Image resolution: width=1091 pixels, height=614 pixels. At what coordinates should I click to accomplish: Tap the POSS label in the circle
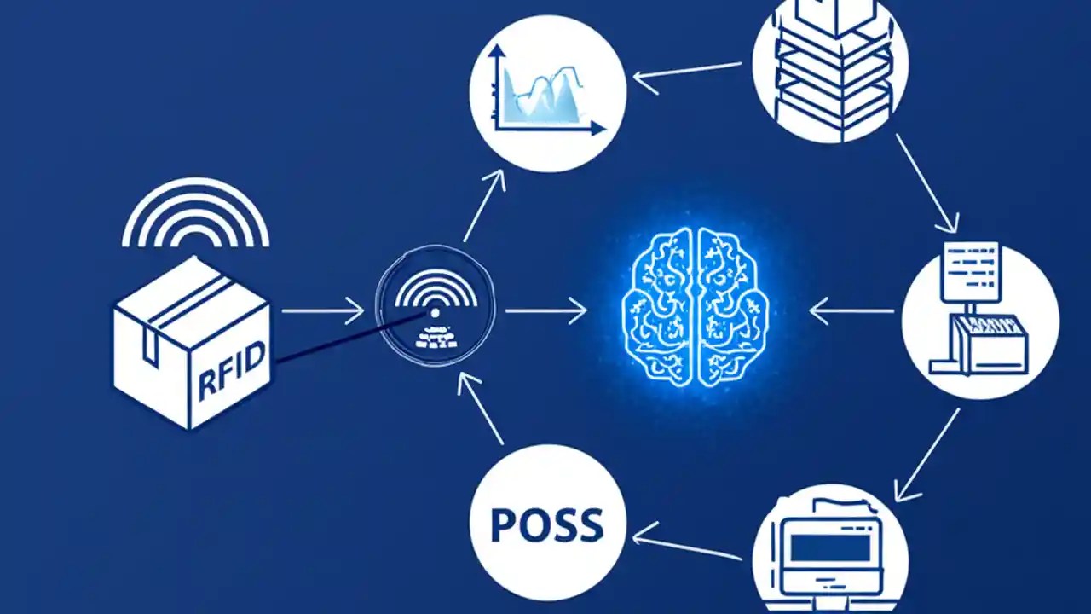[547, 524]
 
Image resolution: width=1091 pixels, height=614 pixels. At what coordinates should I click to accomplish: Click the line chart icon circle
[547, 94]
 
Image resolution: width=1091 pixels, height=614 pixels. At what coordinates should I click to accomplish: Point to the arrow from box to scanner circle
[323, 310]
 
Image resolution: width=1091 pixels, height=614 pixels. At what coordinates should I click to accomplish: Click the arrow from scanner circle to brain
[546, 310]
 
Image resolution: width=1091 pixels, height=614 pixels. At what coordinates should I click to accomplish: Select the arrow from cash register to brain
[851, 311]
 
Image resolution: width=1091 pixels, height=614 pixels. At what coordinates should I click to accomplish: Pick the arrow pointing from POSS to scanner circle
[479, 409]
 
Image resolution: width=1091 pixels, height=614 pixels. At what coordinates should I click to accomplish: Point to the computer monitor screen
[830, 547]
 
